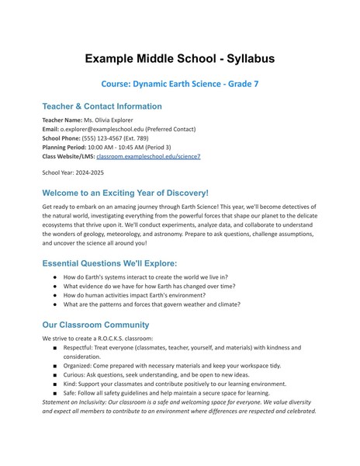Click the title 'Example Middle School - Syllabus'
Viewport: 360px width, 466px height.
[179, 58]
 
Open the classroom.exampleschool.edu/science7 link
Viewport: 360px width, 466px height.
[148, 156]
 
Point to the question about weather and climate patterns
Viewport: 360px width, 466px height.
[151, 304]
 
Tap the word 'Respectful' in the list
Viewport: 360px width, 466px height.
[81, 348]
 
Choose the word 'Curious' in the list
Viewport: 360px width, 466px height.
[76, 375]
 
